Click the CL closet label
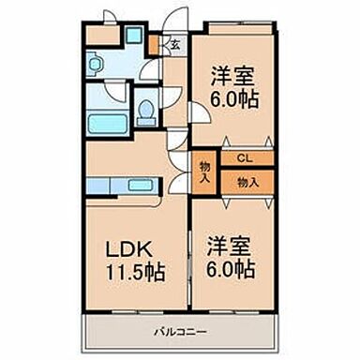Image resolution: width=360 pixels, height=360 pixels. [x=244, y=158]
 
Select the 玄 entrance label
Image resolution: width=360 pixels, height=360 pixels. [x=173, y=44]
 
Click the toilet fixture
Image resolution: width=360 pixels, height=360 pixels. [x=145, y=113]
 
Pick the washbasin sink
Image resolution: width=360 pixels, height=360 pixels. [x=95, y=65]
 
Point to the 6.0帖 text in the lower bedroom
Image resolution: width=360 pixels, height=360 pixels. [x=229, y=271]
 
